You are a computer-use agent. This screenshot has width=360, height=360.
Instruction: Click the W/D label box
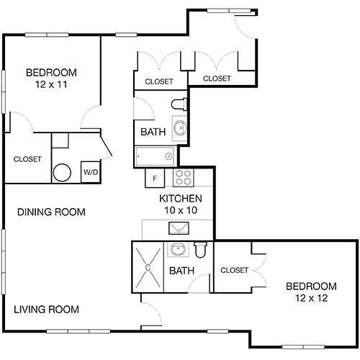[90, 172]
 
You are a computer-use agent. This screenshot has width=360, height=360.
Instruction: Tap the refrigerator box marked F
[154, 177]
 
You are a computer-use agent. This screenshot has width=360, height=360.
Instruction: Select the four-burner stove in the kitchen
[183, 177]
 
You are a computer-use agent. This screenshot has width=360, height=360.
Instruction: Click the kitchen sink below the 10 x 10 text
[176, 229]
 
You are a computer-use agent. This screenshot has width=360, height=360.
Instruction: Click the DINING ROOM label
[51, 212]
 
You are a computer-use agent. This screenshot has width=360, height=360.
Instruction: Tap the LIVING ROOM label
[46, 310]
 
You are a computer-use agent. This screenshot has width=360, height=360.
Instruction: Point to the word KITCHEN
[180, 199]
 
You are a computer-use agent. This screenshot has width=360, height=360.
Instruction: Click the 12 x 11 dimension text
[51, 84]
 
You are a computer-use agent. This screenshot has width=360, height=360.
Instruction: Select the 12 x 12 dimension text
[310, 297]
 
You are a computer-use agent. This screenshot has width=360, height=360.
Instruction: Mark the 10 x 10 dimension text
[180, 210]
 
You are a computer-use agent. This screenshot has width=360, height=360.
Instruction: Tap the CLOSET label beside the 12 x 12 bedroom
[234, 270]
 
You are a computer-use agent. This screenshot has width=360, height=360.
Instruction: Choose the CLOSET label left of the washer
[27, 158]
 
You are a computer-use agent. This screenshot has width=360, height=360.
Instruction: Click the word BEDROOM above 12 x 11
[51, 72]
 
